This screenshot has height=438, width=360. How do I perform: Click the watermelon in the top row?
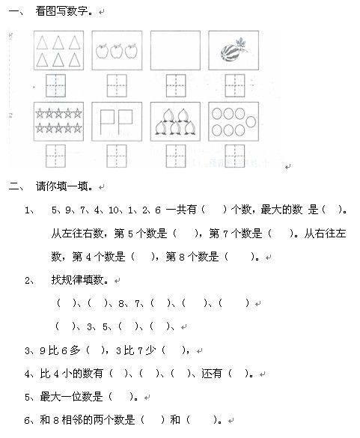pos(228,52)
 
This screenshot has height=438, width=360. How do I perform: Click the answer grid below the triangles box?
pos(56,85)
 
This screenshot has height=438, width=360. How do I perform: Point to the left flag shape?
pos(106,121)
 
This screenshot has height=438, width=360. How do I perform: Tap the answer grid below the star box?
pos(56,155)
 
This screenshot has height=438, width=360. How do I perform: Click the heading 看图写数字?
pos(66,12)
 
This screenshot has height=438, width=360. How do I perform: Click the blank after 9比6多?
pos(98,350)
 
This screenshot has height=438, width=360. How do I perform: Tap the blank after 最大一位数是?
pos(123,397)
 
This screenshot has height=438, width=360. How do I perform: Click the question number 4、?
pos(30,374)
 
